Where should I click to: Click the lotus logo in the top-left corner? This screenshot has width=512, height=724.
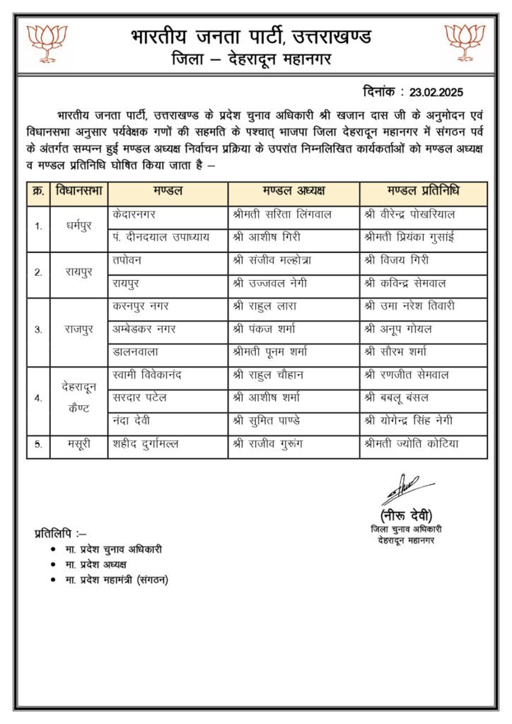[x=47, y=43]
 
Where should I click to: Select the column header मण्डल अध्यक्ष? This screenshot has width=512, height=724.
[x=293, y=192]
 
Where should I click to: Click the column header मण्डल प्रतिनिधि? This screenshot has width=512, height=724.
[x=423, y=192]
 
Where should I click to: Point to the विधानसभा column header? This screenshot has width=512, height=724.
[x=78, y=192]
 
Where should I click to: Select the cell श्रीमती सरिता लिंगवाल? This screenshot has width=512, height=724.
[x=281, y=214]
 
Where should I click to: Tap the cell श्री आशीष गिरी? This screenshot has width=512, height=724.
[x=264, y=237]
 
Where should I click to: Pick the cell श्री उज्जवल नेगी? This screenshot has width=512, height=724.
[x=269, y=283]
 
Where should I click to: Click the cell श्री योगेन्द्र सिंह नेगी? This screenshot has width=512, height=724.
[x=418, y=421]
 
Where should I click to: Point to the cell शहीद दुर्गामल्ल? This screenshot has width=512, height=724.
[x=146, y=444]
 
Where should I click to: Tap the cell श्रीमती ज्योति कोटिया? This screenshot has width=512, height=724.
[x=411, y=444]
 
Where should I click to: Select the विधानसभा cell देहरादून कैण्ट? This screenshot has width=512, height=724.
[x=78, y=398]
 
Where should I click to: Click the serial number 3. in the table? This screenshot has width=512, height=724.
[x=37, y=329]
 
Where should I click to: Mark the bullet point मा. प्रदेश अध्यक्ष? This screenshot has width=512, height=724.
[x=95, y=564]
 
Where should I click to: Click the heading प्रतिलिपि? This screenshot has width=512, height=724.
[x=59, y=532]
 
